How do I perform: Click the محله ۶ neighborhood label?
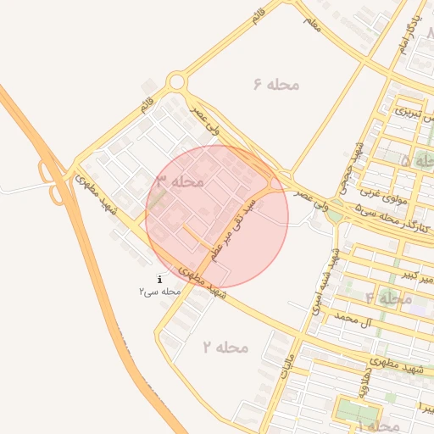(277, 83)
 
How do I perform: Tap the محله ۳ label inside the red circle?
(179, 181)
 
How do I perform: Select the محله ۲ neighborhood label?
(225, 347)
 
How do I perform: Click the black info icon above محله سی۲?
(160, 279)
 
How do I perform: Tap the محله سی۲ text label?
(160, 291)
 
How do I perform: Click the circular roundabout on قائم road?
(176, 82)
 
